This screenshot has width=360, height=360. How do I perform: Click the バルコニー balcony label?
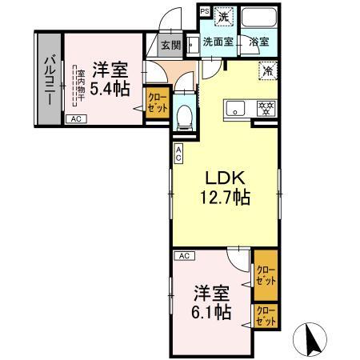48,78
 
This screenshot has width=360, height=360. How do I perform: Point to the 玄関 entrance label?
170,46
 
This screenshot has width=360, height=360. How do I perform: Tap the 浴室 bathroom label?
258,42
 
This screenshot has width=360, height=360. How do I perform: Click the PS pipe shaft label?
204,11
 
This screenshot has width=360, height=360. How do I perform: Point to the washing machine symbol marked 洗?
226,15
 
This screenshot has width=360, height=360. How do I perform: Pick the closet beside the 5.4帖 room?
156,105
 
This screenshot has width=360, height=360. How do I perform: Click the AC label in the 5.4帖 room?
77,119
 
